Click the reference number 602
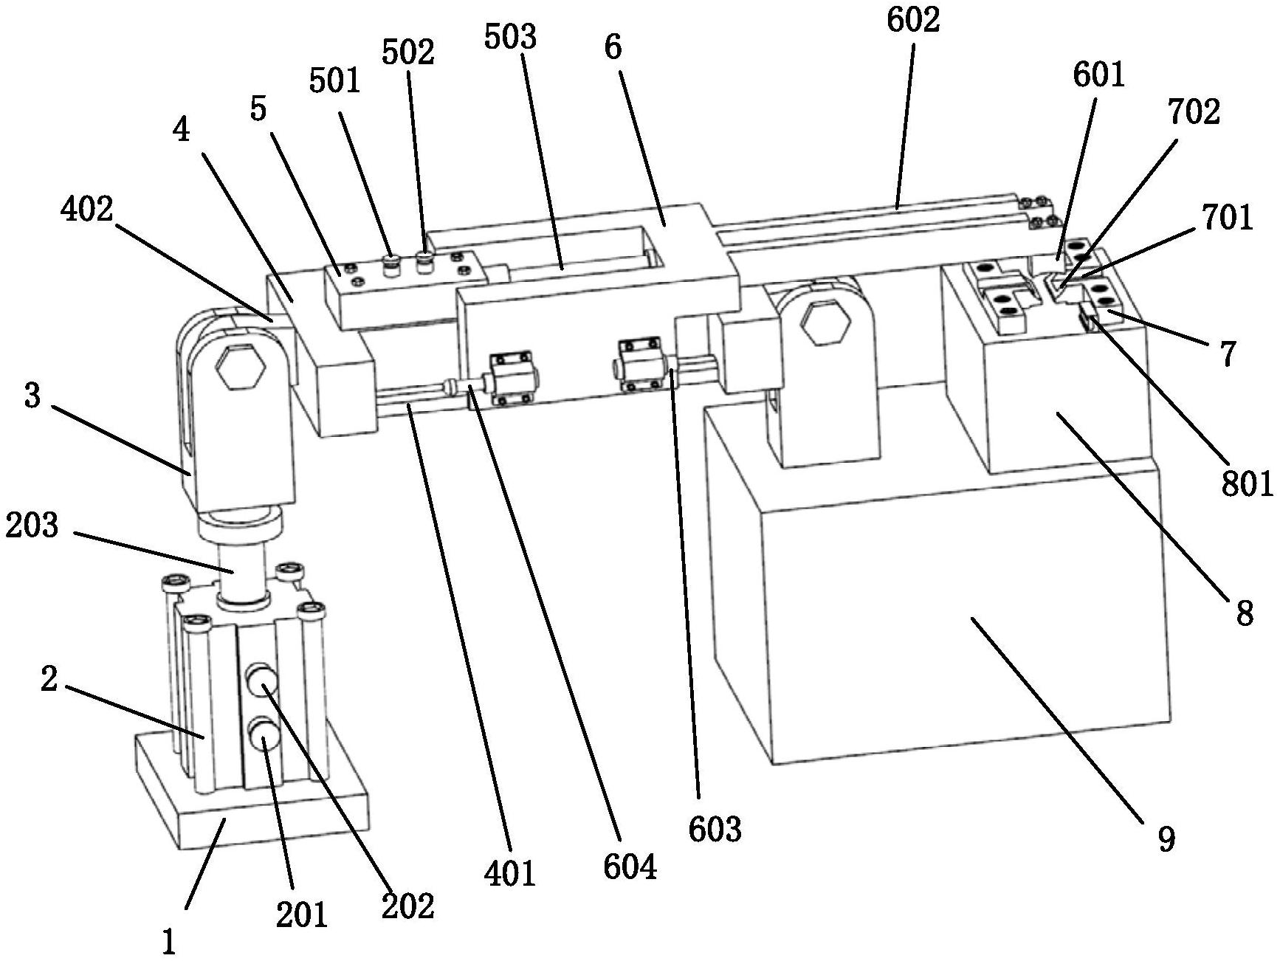tap(913, 20)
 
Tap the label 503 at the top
tap(510, 36)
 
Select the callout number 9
tap(1166, 839)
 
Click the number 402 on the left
tap(86, 210)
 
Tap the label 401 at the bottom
tap(510, 873)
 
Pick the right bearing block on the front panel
tap(639, 364)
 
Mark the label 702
tap(1194, 112)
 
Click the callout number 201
tap(301, 914)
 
